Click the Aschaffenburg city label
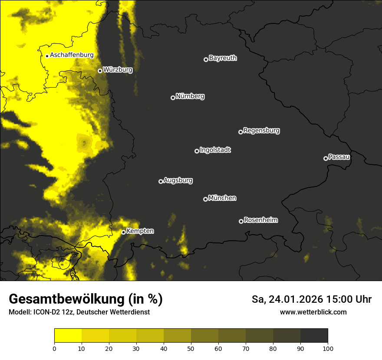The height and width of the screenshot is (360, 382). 72,55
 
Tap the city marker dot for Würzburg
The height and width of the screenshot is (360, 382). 100,71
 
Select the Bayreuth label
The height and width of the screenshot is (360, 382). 223,58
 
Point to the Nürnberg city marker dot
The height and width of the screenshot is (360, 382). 173,98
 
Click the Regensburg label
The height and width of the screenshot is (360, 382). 261,130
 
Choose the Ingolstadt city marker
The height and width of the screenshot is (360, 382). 197,151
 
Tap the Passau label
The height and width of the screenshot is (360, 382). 339,157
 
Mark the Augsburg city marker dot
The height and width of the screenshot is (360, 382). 161,181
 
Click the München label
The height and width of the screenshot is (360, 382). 222,198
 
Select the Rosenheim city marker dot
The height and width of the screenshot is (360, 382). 241,221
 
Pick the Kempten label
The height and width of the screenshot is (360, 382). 140,231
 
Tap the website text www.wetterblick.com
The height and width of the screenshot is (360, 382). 313,312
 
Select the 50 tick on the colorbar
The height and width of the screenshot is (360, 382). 191,348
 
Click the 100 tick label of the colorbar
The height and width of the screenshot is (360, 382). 328,348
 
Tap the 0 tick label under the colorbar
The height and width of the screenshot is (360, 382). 54,348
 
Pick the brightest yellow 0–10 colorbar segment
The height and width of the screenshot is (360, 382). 68,336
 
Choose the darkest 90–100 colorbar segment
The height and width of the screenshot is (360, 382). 314,336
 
